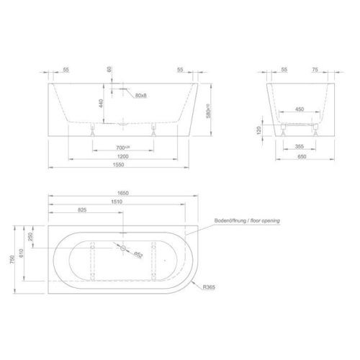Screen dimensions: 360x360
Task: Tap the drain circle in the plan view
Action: (125, 250)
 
